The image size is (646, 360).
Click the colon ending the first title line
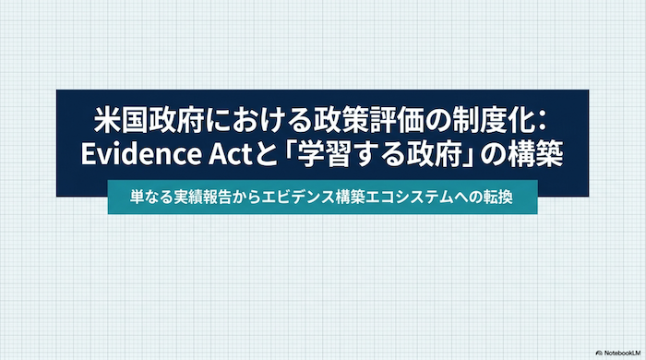click(x=542, y=122)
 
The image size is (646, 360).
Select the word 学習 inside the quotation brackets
click(x=327, y=154)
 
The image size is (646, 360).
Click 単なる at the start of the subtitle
click(x=150, y=197)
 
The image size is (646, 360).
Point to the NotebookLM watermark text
click(x=623, y=353)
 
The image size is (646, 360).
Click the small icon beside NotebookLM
click(x=599, y=353)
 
